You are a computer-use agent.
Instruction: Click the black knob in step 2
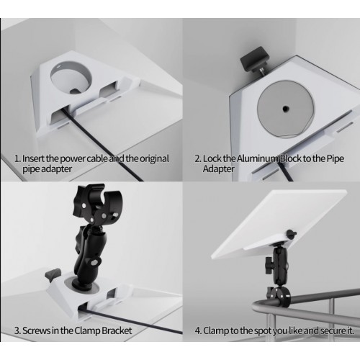(255, 59)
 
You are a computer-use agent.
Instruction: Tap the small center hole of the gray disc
(285, 109)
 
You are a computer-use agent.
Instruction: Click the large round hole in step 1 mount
(71, 78)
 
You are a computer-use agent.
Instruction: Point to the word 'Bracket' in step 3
(117, 330)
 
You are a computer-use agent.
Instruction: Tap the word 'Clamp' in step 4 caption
(216, 330)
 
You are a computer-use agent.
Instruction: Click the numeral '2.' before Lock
(197, 159)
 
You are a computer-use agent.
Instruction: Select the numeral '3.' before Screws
(17, 331)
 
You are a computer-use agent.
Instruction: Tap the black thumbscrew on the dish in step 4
(290, 234)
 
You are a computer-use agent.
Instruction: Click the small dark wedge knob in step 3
(53, 276)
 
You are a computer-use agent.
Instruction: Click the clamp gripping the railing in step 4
(279, 296)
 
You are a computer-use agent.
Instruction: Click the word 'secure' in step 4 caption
(332, 331)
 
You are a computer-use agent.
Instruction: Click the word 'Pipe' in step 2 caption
(336, 159)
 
